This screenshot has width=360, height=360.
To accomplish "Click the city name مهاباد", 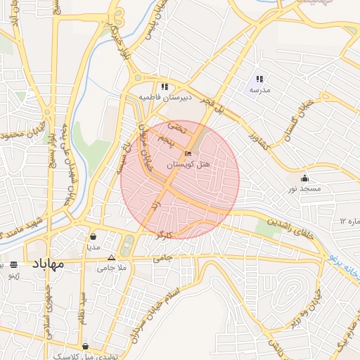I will coord(48,264).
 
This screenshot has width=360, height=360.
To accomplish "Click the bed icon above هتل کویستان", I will coord(187,153).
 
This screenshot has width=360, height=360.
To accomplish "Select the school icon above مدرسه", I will coord(259,79).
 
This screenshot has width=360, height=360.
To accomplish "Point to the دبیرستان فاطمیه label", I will coord(164,97).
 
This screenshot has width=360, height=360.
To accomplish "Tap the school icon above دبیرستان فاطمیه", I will coord(164,87).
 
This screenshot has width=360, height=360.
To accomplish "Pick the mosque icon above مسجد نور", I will coord(304,178).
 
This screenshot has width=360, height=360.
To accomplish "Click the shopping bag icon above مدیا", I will coord(94,237).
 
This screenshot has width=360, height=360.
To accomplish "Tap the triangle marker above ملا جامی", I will coord(111,257).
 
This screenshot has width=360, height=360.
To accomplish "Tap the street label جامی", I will coord(162,259).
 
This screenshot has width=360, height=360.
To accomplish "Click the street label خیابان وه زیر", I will coord(304,310).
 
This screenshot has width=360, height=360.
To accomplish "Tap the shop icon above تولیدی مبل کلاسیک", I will coord(85,346).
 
